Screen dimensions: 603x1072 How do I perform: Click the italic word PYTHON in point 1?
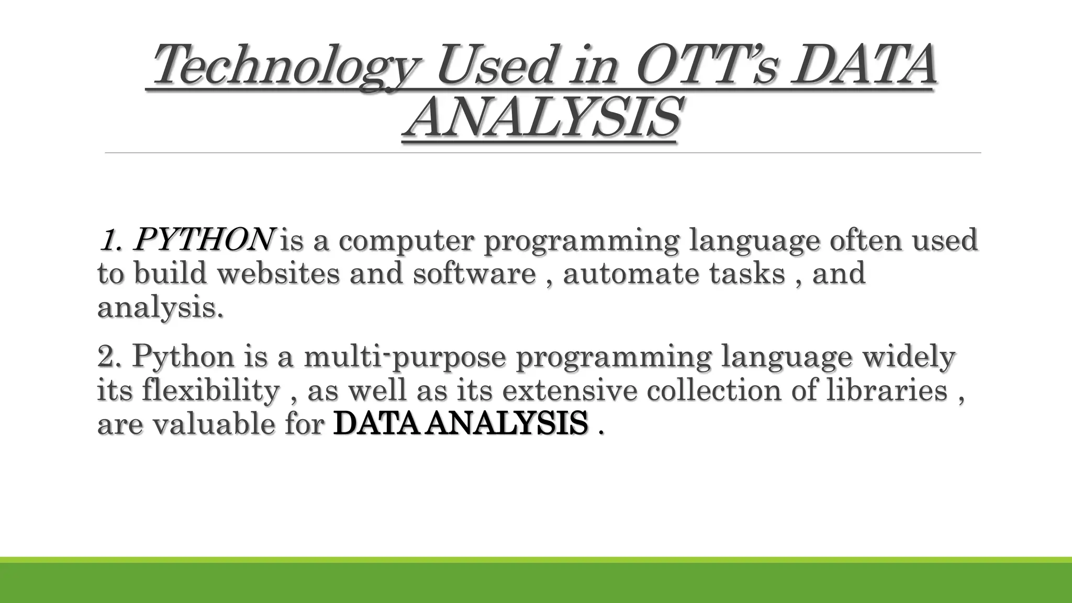[203, 240]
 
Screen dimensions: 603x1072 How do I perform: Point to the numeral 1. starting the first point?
[111, 241]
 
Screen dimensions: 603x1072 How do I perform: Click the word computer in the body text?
[406, 241]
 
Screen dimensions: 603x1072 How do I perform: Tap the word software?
[474, 273]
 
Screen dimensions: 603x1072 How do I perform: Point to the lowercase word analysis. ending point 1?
[160, 308]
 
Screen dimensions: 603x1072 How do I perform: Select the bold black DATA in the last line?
[375, 423]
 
